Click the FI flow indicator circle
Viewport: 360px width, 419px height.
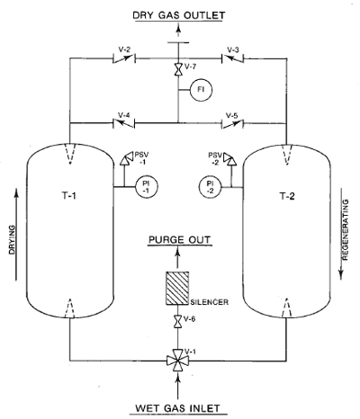(x=201, y=90)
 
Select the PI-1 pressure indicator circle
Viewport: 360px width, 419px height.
(x=147, y=187)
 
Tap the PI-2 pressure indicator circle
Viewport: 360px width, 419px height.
(x=210, y=187)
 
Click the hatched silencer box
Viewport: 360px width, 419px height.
(x=177, y=289)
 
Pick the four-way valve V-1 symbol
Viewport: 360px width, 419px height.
(x=178, y=361)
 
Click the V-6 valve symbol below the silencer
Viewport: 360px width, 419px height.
(x=178, y=322)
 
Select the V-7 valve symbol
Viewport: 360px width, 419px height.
(x=178, y=69)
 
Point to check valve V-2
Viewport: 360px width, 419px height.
(x=124, y=58)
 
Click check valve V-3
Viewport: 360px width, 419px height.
(x=232, y=58)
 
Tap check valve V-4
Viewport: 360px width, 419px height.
(x=123, y=123)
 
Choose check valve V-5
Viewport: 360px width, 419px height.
(x=232, y=123)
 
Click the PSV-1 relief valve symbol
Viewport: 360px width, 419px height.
(x=126, y=158)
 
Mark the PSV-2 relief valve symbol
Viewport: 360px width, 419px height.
(x=229, y=158)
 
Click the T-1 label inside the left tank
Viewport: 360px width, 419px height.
(x=69, y=196)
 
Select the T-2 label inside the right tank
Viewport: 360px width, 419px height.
(x=287, y=196)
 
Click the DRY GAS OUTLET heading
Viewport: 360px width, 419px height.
(x=179, y=15)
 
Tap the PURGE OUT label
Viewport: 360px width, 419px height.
(x=180, y=240)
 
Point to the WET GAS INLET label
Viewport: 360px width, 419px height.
(x=177, y=408)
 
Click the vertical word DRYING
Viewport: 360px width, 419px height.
(x=12, y=240)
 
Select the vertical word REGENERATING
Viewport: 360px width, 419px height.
(x=346, y=229)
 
